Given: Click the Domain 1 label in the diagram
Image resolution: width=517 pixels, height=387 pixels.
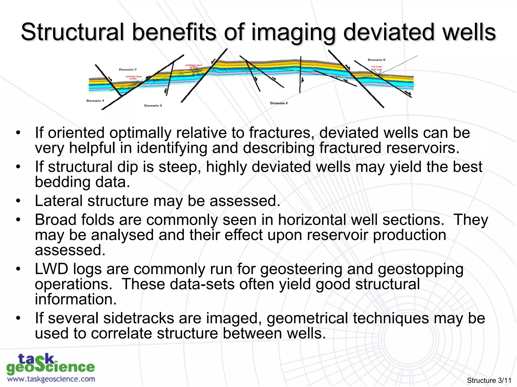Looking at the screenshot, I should [x=95, y=101].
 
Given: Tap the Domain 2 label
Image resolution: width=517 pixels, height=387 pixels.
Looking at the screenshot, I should [x=128, y=69].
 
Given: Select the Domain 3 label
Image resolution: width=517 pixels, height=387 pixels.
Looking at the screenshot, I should [x=153, y=106].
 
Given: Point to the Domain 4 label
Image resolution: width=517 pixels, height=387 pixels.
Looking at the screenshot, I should [x=279, y=103].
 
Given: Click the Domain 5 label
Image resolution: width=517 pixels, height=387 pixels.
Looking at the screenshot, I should [x=376, y=60].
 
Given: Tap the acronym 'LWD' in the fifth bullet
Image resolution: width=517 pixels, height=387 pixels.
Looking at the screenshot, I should [x=51, y=269].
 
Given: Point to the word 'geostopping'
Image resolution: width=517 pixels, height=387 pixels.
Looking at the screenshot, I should [x=421, y=269].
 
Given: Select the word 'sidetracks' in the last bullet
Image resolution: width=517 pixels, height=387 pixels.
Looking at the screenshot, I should [x=139, y=318].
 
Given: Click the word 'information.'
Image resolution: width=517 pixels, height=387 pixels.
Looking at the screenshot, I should [x=76, y=299].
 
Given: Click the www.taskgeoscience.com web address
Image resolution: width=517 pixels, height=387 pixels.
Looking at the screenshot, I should [x=51, y=379].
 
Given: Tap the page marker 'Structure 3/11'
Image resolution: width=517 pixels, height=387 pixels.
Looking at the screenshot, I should [x=489, y=380].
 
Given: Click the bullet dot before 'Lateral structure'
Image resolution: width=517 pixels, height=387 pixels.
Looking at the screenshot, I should [x=18, y=201].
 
